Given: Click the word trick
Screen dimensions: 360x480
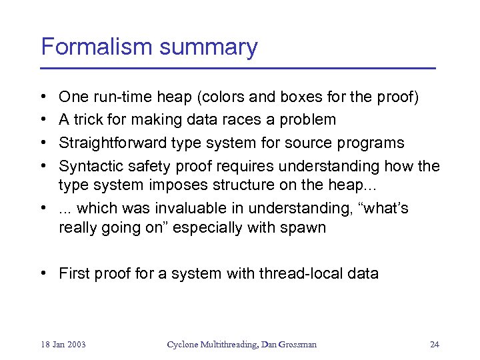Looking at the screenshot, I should [x=90, y=120].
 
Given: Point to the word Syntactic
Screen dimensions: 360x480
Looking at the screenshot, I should [x=85, y=165].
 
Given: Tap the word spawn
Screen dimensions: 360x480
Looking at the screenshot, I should [x=303, y=228].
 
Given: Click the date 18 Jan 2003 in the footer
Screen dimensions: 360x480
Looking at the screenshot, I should [x=63, y=345].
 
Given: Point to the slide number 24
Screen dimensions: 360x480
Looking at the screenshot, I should [x=434, y=345].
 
